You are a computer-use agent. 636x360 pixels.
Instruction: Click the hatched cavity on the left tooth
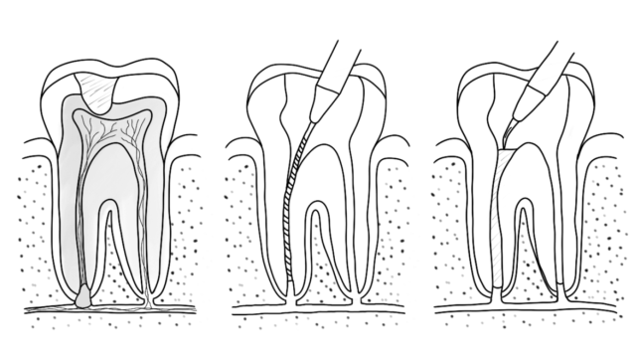pos(100,91)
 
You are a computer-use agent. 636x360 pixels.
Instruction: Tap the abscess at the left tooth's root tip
pos(83,295)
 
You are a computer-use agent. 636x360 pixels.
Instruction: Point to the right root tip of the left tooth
pos(150,298)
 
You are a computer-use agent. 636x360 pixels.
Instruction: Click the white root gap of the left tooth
pos(115,249)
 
